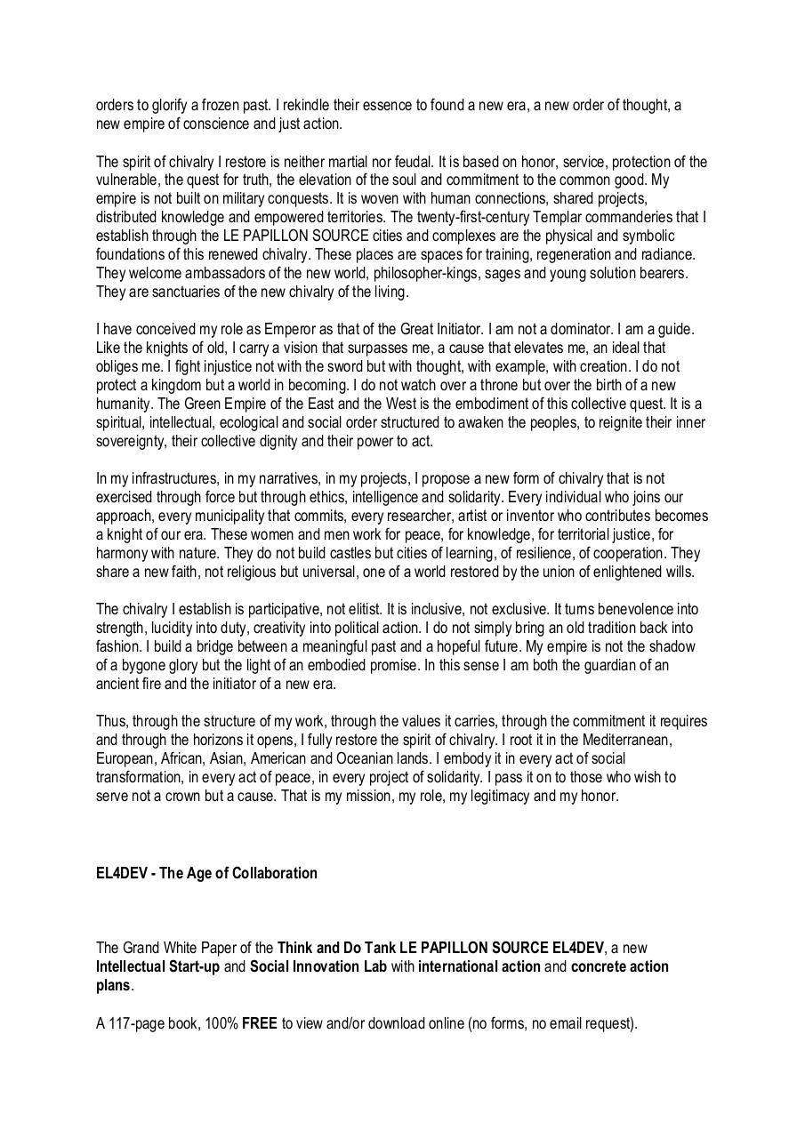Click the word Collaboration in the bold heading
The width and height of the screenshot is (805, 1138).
pos(275,873)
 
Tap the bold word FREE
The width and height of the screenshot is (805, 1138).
pos(260,1023)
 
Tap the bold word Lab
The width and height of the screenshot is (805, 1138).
pos(374,966)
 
